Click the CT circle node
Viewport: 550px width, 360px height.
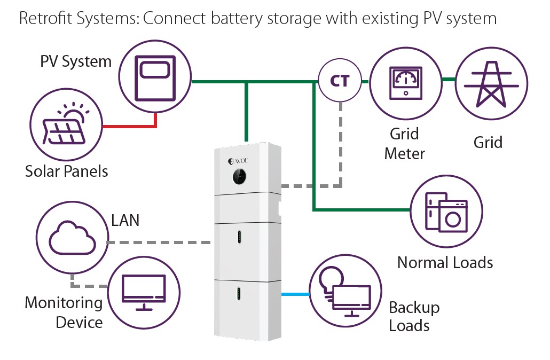340,81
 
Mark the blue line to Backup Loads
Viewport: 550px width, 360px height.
295,294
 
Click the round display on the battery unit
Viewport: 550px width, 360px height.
240,176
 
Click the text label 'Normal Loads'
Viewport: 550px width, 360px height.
445,262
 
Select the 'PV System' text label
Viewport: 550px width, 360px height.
76,61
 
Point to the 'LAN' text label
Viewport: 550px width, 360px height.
125,220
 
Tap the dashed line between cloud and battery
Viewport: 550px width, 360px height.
160,242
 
